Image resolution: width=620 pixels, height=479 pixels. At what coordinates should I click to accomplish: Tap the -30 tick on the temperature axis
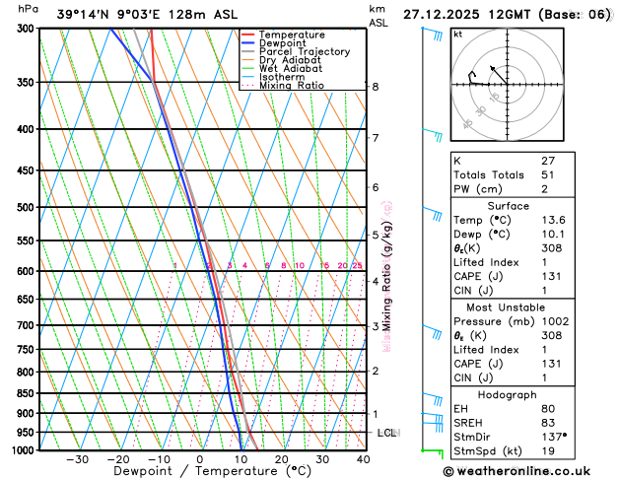[x=77, y=459]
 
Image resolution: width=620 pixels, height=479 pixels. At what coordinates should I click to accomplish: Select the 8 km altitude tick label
[x=376, y=87]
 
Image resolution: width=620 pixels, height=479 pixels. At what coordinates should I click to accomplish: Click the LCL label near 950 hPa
[x=386, y=433]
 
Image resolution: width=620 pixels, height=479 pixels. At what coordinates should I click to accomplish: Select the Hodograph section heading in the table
[x=508, y=393]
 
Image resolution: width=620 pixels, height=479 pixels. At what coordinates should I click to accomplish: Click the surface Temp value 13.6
[x=553, y=220]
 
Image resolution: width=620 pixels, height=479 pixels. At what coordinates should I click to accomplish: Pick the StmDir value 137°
[x=553, y=437]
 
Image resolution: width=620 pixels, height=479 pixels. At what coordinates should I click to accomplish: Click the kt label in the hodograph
[x=457, y=34]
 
